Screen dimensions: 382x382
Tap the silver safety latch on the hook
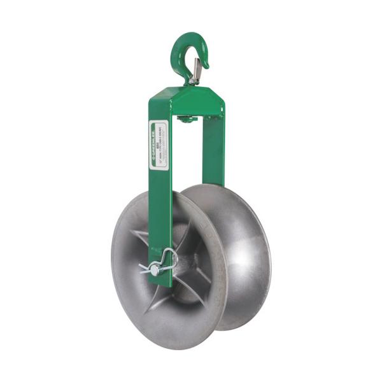(x=197, y=69)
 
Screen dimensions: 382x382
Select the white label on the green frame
(x=158, y=145)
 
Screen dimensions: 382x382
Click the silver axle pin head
(x=153, y=271)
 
